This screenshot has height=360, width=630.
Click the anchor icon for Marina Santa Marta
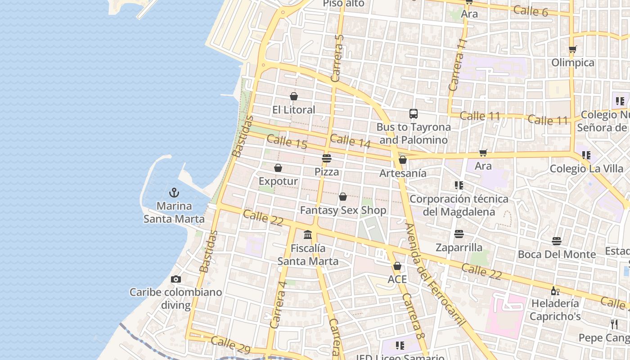[x=174, y=193]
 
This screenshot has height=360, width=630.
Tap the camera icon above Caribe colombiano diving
[x=176, y=279]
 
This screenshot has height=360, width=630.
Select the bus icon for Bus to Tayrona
[x=414, y=114]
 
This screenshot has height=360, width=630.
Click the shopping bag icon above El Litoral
[x=294, y=96]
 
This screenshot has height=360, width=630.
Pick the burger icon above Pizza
[x=327, y=158]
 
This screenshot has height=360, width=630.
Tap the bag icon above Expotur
[x=278, y=168]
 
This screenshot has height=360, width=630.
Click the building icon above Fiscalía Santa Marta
[x=308, y=234]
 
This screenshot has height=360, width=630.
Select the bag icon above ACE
[x=397, y=266]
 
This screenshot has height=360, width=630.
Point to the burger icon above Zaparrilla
[x=459, y=234]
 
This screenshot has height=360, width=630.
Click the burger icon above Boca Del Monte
[x=557, y=241]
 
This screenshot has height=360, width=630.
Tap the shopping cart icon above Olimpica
[x=573, y=49]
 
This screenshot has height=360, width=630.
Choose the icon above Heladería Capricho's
[x=555, y=291]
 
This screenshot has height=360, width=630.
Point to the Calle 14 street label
[x=350, y=141]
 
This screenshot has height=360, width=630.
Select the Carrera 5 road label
[x=337, y=58]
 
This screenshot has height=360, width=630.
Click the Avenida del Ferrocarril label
[x=435, y=274]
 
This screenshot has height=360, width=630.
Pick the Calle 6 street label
[x=531, y=11]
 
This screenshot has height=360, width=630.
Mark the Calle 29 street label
[x=230, y=344]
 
